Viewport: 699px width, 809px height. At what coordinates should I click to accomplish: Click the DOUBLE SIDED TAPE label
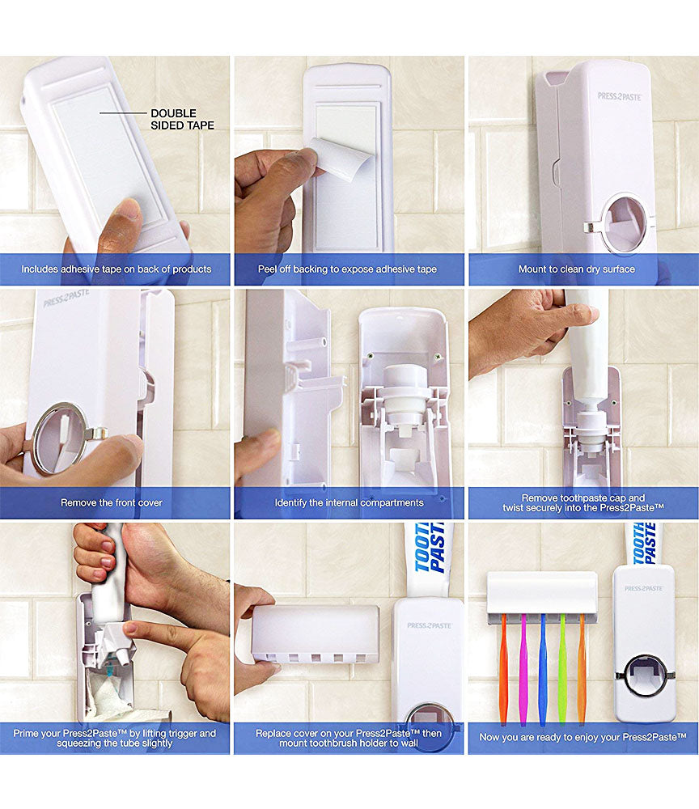[182, 119]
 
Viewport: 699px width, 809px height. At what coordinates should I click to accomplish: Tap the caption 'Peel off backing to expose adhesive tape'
[347, 269]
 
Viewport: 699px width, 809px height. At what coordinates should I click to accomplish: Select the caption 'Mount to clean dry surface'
[576, 269]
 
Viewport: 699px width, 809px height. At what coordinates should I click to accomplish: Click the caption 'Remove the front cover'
[112, 502]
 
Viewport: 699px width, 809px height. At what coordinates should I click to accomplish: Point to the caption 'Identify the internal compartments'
[349, 502]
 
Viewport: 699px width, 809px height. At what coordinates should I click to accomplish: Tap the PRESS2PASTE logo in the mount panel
[620, 96]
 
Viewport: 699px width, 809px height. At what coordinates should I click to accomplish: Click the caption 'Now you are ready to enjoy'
[583, 737]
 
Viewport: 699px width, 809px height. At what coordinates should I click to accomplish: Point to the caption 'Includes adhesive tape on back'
[116, 269]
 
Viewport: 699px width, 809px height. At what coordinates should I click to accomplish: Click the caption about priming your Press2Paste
[115, 738]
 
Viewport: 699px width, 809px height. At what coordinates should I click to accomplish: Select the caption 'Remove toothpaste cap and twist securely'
[583, 502]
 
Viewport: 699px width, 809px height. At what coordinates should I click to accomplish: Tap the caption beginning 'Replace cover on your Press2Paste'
[349, 738]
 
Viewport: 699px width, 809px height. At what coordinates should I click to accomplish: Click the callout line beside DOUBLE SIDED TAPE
[123, 113]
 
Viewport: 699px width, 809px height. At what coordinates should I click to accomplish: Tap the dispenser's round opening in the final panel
[645, 676]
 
